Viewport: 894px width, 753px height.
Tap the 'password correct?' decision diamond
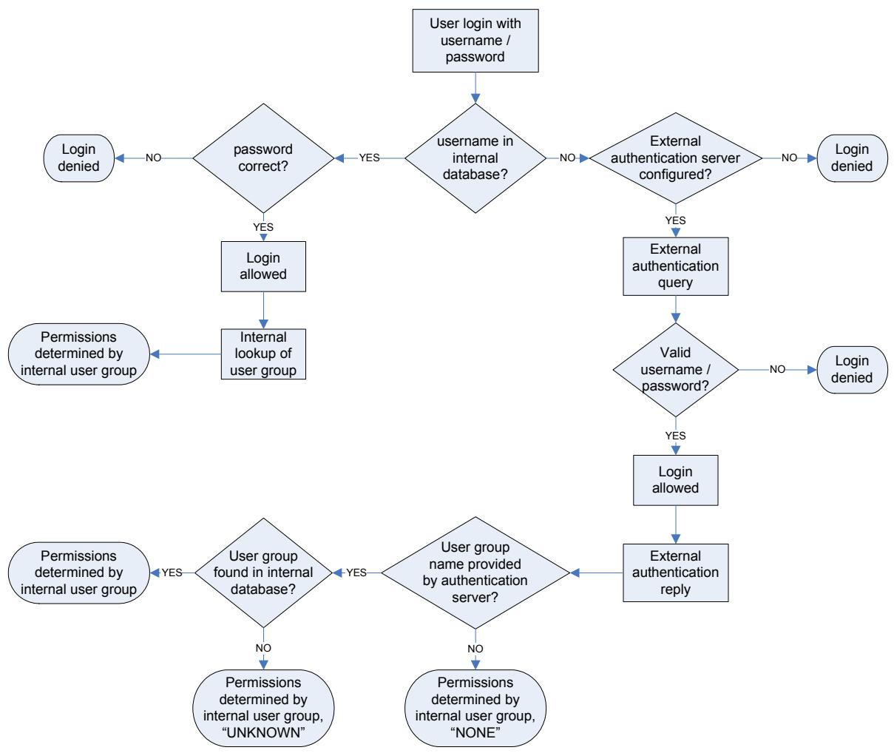coord(264,158)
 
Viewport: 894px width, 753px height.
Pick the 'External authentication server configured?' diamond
coord(674,158)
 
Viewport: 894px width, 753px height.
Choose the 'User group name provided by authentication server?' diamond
coord(475,572)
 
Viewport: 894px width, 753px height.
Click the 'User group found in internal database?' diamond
coord(264,572)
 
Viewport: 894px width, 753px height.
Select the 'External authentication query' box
coord(676,266)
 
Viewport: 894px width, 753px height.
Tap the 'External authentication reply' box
coord(676,572)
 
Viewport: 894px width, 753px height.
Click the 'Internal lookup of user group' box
coord(264,354)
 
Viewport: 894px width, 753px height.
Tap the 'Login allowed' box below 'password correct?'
coord(264,266)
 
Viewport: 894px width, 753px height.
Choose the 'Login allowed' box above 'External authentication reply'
coord(676,480)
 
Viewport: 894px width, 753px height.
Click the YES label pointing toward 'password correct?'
coord(370,158)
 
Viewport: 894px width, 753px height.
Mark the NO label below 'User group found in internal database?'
coord(264,648)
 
